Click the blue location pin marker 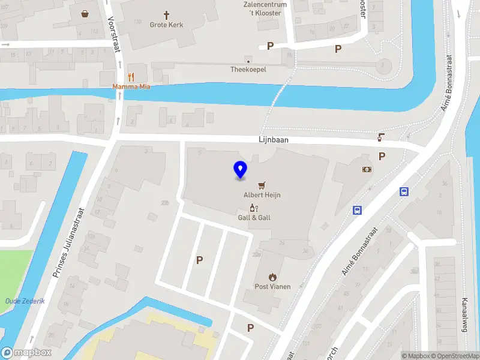pos(240,170)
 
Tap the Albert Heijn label pos(262,195)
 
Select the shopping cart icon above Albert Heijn pos(262,185)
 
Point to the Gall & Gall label pos(254,217)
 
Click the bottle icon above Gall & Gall pos(254,208)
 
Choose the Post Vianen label pos(272,286)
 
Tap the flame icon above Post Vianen pos(272,277)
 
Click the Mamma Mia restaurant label pos(131,86)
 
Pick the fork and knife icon pos(131,77)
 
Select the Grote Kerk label pos(167,25)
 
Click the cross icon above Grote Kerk pos(167,14)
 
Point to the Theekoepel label pos(248,70)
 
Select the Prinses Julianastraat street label pos(68,243)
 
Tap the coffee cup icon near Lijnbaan pos(380,137)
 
